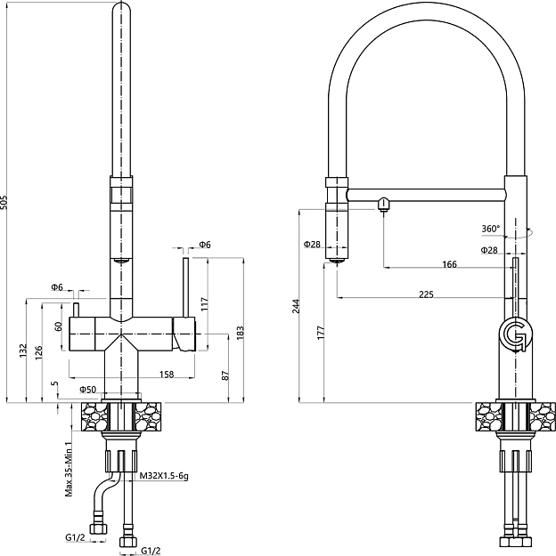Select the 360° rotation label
pos(491,229)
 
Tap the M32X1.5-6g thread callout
pos(165,477)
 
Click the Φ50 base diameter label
pos(87,390)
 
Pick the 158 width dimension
pos(166,375)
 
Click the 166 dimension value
pos(448,264)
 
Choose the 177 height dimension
pos(321,333)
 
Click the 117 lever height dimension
pos(204,302)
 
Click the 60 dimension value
pos(59,326)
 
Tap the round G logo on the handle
pos(515,334)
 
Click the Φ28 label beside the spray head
pos(311,245)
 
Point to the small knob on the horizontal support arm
pos(383,203)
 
